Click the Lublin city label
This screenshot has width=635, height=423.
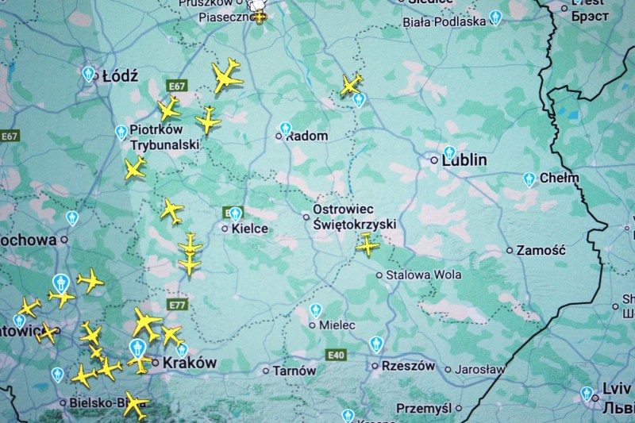[x=464, y=160]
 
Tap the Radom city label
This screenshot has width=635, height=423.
[x=306, y=136]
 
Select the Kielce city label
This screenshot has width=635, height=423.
[x=249, y=229]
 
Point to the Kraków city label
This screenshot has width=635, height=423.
[x=190, y=362]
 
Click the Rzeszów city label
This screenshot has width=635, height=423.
[x=409, y=366]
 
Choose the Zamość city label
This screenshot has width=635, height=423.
[x=541, y=250]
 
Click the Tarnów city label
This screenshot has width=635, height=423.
[x=294, y=371]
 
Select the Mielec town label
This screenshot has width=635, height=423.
[x=337, y=325]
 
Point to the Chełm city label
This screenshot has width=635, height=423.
[x=559, y=178]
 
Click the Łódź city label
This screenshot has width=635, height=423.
[x=120, y=76]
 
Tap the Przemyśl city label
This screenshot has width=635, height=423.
[x=424, y=408]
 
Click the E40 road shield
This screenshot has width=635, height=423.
[x=336, y=355]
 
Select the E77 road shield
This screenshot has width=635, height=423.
[x=177, y=305]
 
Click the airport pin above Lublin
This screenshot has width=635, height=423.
[x=449, y=152]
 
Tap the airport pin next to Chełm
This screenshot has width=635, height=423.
[x=529, y=179]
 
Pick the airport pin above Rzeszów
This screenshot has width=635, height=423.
[x=376, y=344]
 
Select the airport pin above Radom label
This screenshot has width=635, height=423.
[x=286, y=128]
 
